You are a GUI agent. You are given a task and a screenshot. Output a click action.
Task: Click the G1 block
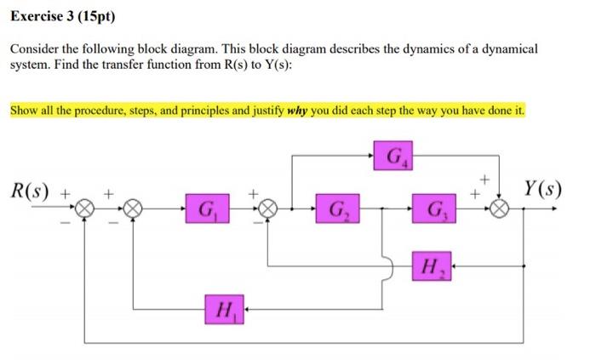[208, 208]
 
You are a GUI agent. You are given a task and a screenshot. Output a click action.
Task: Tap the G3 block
[435, 208]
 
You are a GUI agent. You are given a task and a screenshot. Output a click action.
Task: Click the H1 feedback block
[224, 307]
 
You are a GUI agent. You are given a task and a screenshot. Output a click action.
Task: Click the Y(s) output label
[543, 187]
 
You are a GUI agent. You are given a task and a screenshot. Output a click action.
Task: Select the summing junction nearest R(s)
[85, 207]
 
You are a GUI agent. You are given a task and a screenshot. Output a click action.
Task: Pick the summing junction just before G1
[133, 207]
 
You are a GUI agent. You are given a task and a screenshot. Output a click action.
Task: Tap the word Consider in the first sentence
[33, 49]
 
